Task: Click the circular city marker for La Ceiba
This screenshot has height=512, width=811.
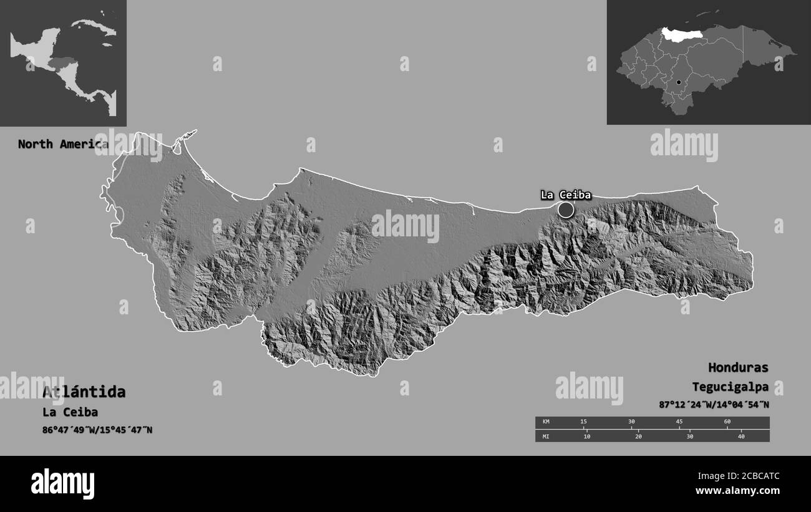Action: click(565, 210)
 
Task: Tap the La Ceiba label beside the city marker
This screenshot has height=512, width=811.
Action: click(565, 195)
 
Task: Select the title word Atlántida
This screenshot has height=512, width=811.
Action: click(84, 392)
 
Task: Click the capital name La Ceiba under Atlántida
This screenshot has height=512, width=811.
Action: click(70, 412)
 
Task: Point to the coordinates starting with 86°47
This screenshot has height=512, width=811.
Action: click(97, 430)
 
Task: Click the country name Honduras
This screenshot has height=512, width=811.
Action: click(738, 367)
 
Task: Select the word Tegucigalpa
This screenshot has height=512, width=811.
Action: click(730, 387)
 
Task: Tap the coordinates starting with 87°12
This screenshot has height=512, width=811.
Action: click(714, 405)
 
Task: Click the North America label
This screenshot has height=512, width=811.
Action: click(62, 144)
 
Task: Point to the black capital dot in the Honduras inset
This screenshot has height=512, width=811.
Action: click(679, 82)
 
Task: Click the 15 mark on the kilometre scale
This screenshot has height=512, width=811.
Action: click(583, 422)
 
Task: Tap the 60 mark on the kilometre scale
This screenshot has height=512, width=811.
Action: click(727, 422)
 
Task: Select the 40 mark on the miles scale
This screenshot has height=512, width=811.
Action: click(741, 437)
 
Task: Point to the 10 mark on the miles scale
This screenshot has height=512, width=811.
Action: click(586, 437)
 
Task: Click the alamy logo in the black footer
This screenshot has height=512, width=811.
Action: click(62, 483)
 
